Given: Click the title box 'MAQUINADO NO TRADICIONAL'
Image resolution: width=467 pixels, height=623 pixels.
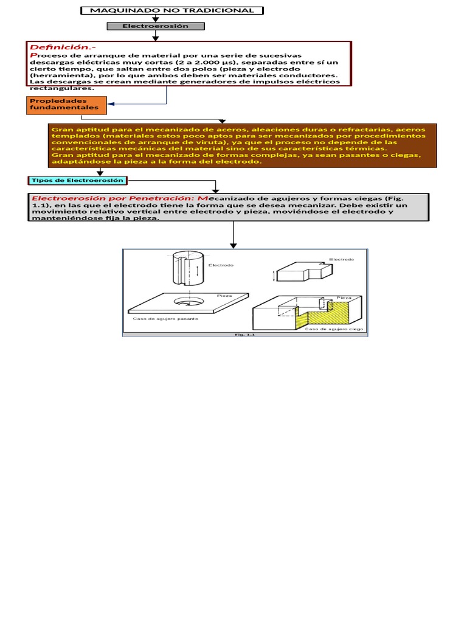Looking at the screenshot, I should pos(172,10).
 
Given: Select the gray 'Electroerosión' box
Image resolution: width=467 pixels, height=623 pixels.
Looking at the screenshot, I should pos(156,26).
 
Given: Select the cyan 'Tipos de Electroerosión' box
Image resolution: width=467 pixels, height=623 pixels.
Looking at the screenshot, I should pos(77,180).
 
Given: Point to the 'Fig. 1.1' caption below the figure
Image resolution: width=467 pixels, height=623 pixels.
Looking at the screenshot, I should pos(245,334).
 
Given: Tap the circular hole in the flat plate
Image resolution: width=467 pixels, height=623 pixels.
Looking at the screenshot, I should pos(190,301).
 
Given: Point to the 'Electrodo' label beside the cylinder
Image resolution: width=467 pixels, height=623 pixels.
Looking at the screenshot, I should pos(221,265).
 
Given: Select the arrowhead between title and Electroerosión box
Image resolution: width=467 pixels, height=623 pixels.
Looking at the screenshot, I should pos(156,19).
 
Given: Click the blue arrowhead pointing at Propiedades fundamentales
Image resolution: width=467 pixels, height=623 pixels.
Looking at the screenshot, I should pos(111,105).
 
